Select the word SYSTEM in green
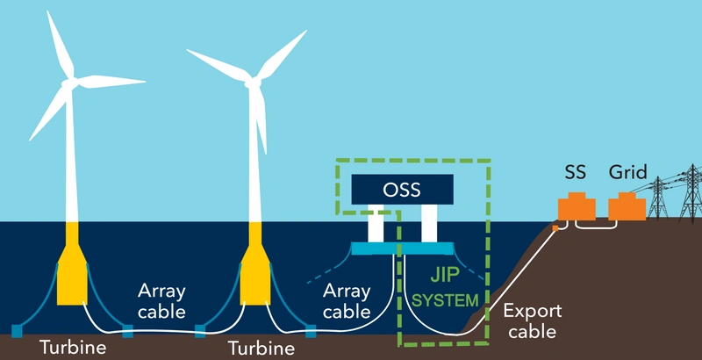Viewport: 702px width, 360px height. pyautogui.click(x=446, y=299)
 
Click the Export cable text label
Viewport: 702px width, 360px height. pyautogui.click(x=532, y=321)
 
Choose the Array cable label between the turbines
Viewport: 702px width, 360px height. pyautogui.click(x=161, y=300)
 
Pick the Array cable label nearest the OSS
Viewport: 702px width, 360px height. pyautogui.click(x=347, y=300)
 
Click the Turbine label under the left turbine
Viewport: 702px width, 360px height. pyautogui.click(x=73, y=348)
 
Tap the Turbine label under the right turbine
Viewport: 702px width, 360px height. pyautogui.click(x=260, y=349)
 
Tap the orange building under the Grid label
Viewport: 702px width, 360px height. pyautogui.click(x=627, y=208)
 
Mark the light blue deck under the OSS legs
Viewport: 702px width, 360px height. pyautogui.click(x=402, y=248)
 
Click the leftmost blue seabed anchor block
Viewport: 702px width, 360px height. pyautogui.click(x=17, y=331)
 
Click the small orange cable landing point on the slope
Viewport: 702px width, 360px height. pyautogui.click(x=555, y=228)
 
